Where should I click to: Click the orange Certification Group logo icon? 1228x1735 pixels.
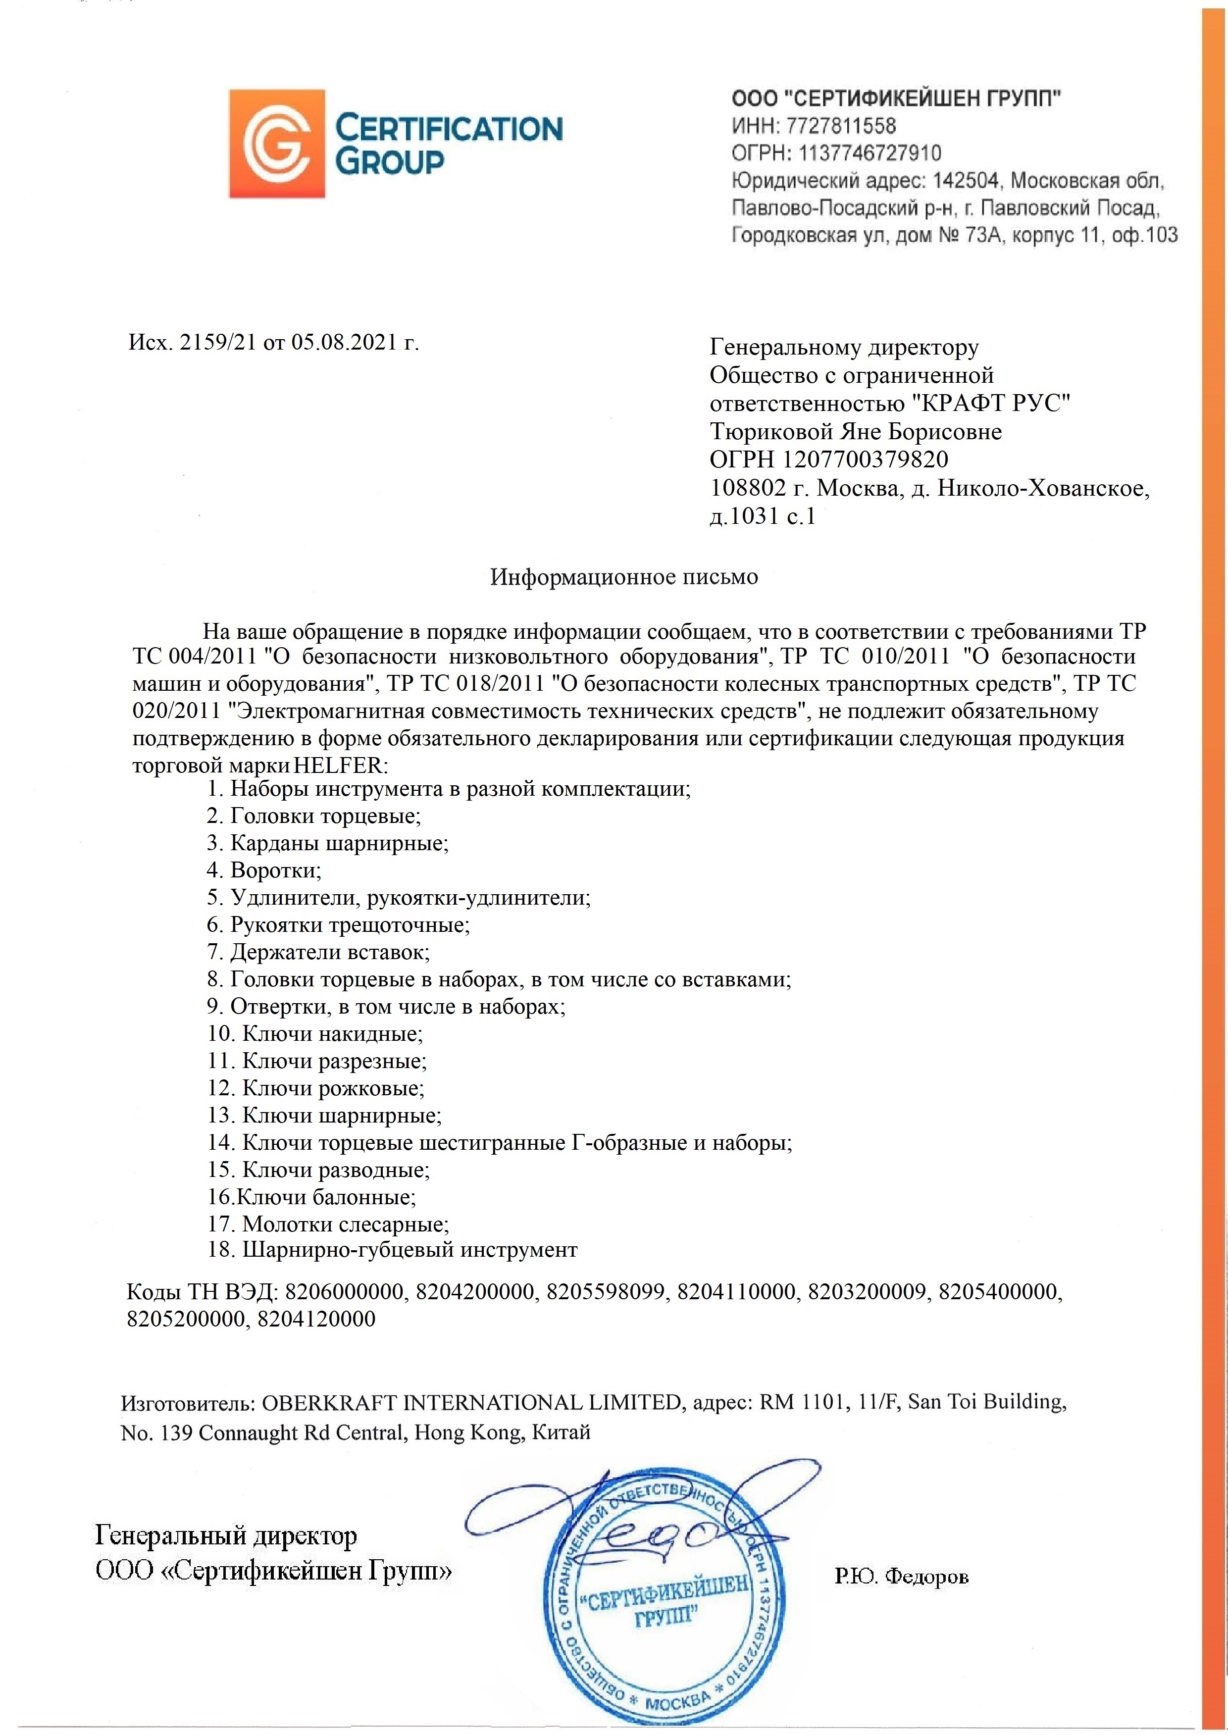click(277, 144)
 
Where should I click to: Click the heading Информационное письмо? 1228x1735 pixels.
click(624, 577)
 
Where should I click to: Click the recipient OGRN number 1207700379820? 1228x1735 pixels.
click(865, 459)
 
